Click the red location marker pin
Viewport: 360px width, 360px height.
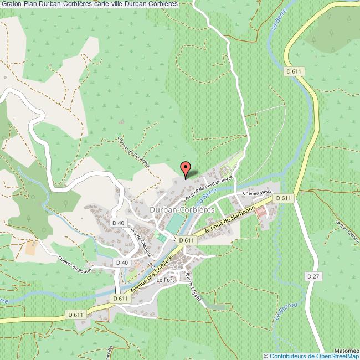pos(186,169)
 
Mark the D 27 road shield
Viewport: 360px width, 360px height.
pos(313,275)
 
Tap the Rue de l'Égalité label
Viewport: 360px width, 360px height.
pos(193,286)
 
